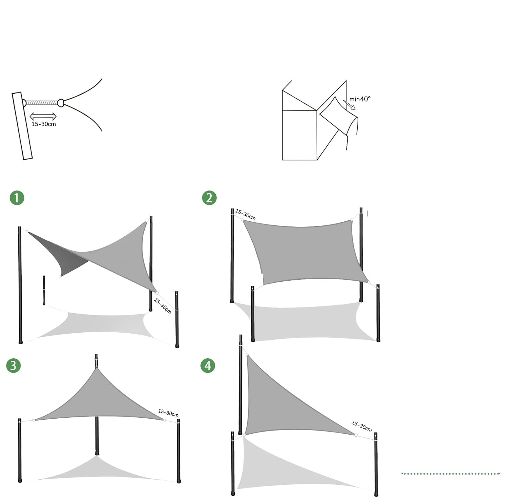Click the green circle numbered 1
pos(17,198)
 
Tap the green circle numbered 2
pos(209,198)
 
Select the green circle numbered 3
pos(14,365)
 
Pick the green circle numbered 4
pos(208,365)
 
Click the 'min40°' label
pos(360,99)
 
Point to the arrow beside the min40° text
pos(349,105)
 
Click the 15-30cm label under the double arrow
pos(44,124)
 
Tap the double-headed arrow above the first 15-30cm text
pos(43,116)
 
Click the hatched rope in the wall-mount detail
pos(42,102)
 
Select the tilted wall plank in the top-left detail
pos(22,126)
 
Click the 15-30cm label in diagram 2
pos(246,215)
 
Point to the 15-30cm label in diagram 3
pos(168,413)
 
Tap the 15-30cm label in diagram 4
pos(362,426)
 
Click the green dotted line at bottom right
pos(450,474)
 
